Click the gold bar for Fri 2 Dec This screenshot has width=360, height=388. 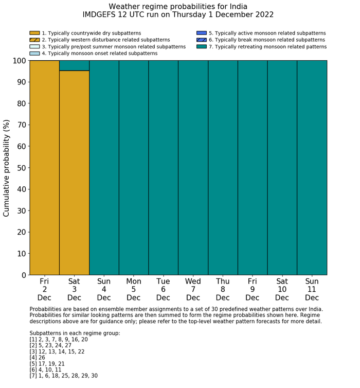[44, 168]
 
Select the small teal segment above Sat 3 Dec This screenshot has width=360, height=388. [74, 65]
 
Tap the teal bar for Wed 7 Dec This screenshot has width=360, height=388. [193, 168]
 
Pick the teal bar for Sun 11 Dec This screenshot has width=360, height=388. [312, 168]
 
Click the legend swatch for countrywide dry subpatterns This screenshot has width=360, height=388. [34, 33]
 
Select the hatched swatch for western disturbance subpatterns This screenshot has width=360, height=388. [34, 40]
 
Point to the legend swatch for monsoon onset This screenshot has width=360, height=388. [34, 53]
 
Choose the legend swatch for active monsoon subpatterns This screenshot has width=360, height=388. [202, 33]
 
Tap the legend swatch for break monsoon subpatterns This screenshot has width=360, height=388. [202, 40]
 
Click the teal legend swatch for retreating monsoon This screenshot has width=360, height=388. [202, 46]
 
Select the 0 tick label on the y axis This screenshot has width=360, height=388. [23, 275]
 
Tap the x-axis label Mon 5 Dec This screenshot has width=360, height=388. [134, 289]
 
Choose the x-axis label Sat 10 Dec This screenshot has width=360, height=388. [282, 289]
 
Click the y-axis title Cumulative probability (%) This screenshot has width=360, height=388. [7, 168]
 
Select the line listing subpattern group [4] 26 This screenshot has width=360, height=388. [40, 358]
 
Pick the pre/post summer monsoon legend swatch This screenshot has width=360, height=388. [34, 46]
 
